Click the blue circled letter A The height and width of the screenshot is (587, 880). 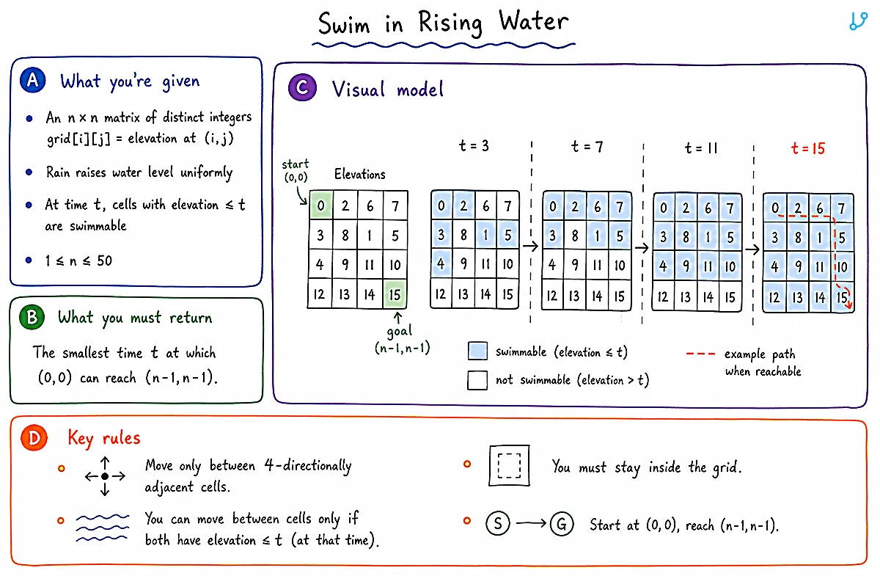tap(32, 80)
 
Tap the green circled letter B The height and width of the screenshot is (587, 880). tap(32, 317)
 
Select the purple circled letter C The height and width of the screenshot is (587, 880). tap(302, 87)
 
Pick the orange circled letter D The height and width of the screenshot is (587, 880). tap(34, 437)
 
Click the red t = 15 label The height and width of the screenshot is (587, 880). tap(807, 148)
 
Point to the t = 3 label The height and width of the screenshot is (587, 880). tap(474, 146)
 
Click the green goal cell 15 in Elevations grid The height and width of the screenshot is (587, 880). tap(395, 293)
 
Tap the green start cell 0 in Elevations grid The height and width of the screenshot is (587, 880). tap(321, 205)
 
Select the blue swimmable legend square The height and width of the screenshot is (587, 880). tap(477, 351)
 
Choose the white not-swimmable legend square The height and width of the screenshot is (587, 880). tap(477, 380)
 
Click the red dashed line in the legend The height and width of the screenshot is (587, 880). tap(700, 354)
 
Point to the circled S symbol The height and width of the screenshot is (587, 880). tap(498, 523)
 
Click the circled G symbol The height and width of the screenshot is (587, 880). tap(562, 524)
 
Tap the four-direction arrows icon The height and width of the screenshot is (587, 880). tap(105, 476)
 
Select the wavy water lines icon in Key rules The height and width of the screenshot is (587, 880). tap(102, 528)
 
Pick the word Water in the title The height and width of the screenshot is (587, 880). tap(533, 21)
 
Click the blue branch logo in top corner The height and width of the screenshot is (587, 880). tap(859, 21)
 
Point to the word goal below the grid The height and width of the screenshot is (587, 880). tap(400, 332)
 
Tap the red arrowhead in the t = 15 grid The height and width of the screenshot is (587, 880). tap(849, 304)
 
